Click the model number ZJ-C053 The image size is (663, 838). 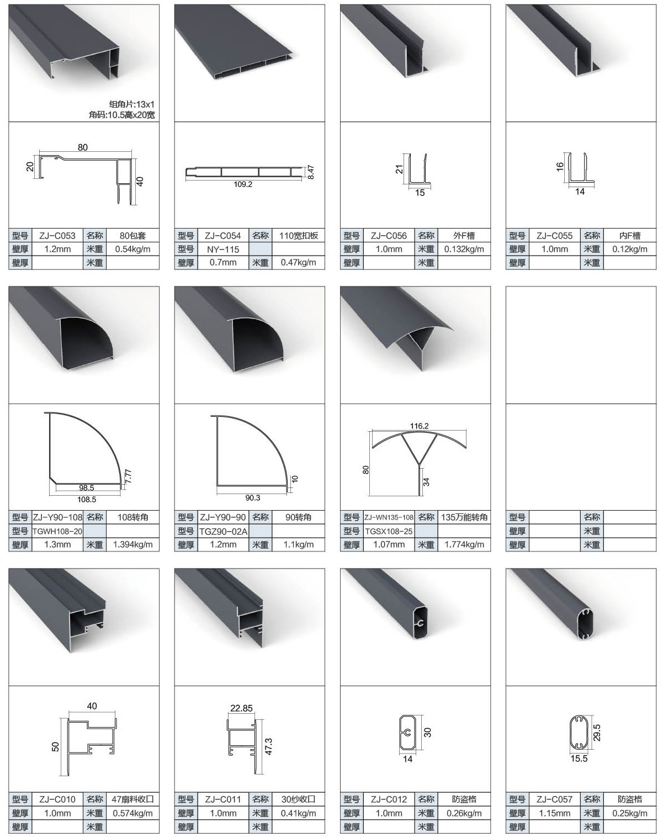coord(57,236)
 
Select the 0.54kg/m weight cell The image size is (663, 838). coord(132,249)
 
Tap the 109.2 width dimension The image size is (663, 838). coord(243,184)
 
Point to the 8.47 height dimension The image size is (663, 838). coord(310,172)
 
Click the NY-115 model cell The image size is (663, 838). coord(223,249)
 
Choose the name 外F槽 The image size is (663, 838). coord(464,236)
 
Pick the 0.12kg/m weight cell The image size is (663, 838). coord(629,249)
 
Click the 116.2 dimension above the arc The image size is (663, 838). coord(419,426)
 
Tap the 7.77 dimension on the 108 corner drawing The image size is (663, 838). coord(128,476)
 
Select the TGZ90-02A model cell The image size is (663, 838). coord(223,531)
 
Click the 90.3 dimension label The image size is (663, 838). coord(253,497)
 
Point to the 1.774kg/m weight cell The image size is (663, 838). coord(464,544)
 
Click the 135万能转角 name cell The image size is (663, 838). coord(464,517)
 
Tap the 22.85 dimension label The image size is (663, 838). coord(241,708)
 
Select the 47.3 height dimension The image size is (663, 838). coord(268,746)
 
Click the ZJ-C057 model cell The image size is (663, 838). coord(554,799)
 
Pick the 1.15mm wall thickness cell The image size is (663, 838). coord(554,813)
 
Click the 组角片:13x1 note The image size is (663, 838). coord(132,104)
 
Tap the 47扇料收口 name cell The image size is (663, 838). coord(133,799)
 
